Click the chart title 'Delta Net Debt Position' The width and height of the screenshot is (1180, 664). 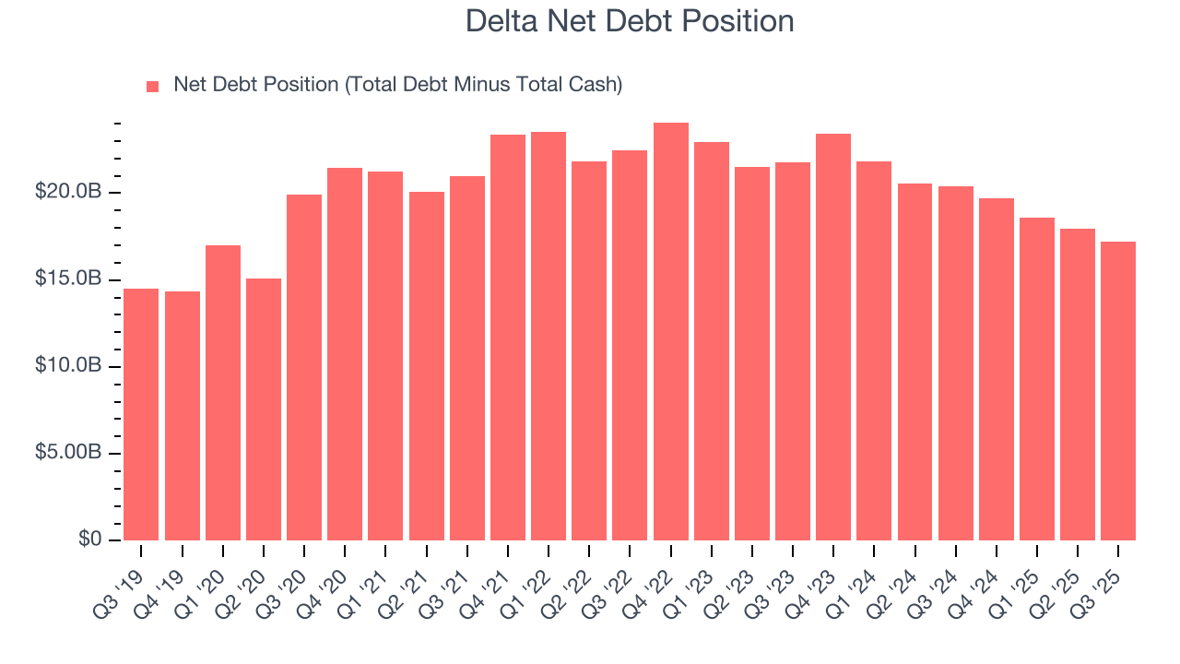630,20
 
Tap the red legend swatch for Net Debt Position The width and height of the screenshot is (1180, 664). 153,86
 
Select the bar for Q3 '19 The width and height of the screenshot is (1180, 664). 141,414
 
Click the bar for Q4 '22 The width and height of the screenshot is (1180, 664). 671,331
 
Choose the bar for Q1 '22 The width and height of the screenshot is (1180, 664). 549,336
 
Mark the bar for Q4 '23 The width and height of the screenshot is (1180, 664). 833,337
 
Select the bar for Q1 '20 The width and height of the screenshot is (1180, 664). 223,392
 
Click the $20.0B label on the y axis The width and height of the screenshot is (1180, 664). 68,193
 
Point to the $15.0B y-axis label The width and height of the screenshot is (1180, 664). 68,279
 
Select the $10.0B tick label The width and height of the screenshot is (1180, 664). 68,366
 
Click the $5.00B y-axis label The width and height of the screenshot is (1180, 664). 68,453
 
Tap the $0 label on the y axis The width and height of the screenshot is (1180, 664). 89,539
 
